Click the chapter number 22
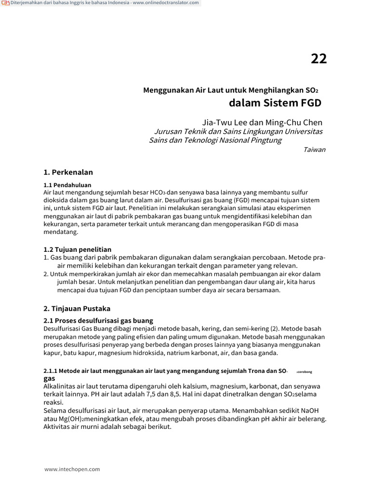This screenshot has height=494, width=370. [318, 59]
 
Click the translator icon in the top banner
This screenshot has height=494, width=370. [4, 3]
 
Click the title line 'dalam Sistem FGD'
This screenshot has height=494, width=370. [275, 103]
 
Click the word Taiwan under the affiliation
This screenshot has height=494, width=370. [314, 150]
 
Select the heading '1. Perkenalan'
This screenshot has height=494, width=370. [68, 172]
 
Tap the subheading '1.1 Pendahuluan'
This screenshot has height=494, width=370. [67, 185]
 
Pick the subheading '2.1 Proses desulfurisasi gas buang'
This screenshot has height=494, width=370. [98, 321]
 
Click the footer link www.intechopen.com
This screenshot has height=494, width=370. [72, 469]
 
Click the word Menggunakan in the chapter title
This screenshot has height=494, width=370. [169, 90]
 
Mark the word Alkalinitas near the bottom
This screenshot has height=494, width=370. [61, 386]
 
